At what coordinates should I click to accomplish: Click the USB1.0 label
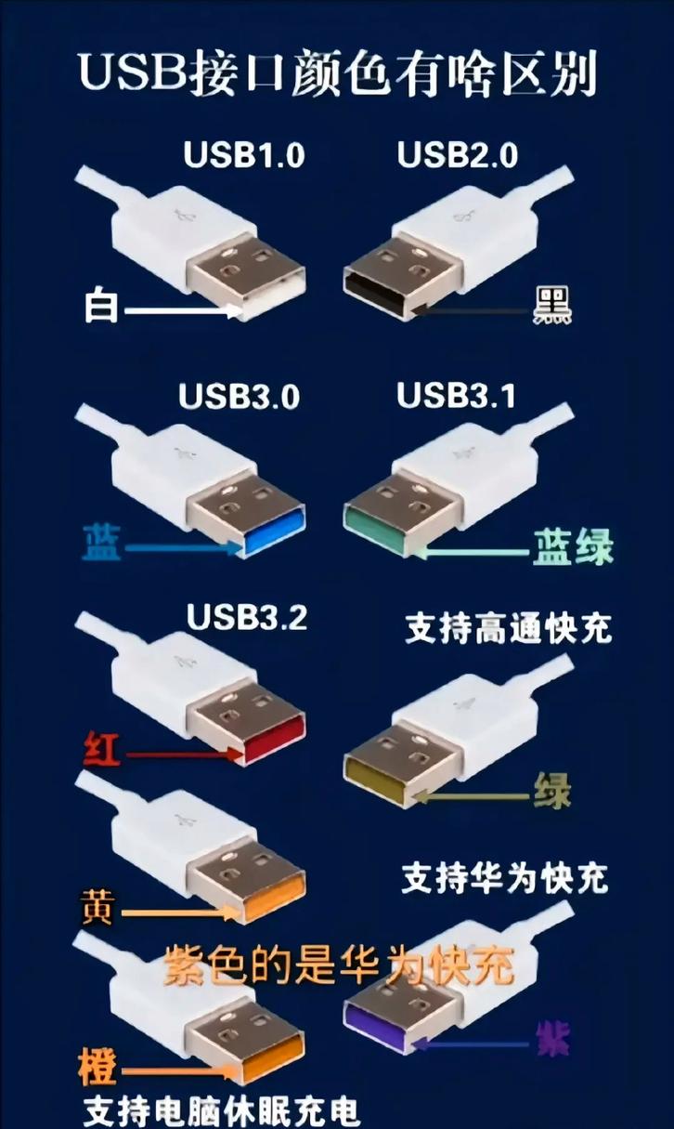coord(244,155)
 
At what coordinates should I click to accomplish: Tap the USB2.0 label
coord(458,155)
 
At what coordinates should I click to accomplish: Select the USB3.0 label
coord(240,397)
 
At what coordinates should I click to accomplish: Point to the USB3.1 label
coord(456,396)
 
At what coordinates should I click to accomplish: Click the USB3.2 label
coord(247,616)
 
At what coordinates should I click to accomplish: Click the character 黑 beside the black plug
coord(551,305)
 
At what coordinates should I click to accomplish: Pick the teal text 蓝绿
coord(572,547)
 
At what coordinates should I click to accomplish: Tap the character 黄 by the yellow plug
coord(97,907)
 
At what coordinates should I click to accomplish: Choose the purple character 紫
coord(552,1038)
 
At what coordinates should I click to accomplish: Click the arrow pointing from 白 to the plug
coord(181,310)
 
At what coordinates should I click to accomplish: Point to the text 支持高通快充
coord(509,629)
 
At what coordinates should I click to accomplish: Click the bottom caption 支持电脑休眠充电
coord(221,1110)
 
